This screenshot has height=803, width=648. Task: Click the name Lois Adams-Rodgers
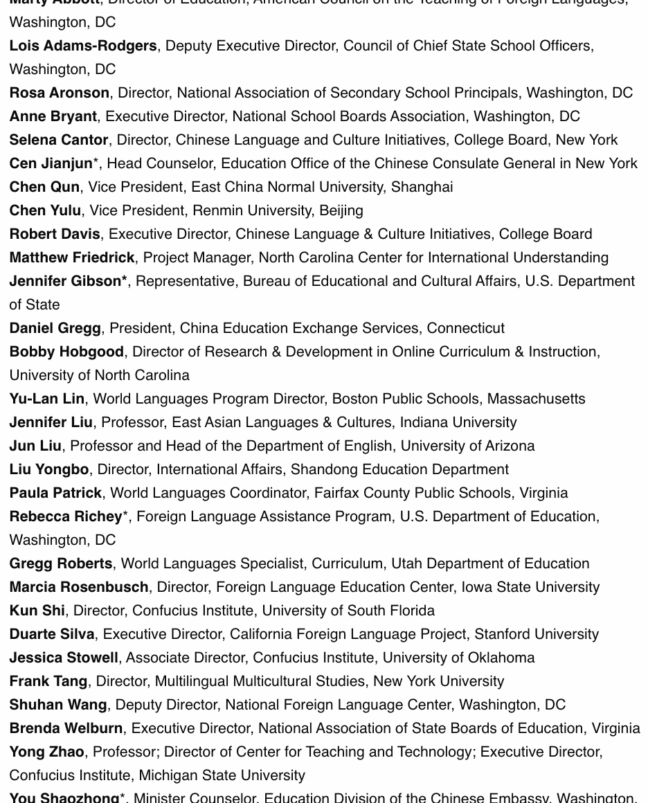(x=83, y=46)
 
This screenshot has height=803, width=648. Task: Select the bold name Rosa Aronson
(x=60, y=93)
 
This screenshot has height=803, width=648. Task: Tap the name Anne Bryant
(x=53, y=116)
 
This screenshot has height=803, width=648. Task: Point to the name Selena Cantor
(x=59, y=140)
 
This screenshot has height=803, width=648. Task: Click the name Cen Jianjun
(x=51, y=163)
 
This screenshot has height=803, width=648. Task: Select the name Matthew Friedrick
(x=72, y=258)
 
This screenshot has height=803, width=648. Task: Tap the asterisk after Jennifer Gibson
(x=125, y=280)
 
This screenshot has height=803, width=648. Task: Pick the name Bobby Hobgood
(x=66, y=352)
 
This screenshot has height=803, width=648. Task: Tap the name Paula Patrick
(x=55, y=493)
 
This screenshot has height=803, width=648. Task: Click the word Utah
(x=406, y=563)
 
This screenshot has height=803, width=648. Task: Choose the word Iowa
(x=478, y=587)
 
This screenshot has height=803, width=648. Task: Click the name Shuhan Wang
(x=58, y=705)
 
